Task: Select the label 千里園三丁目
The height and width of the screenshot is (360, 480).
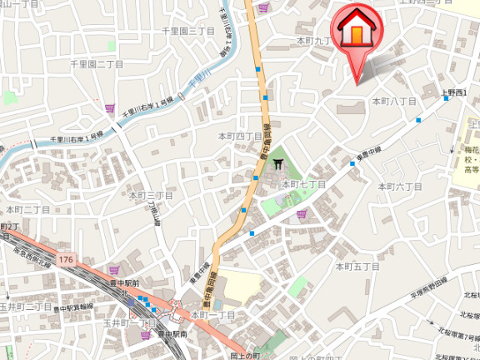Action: coord(189,31)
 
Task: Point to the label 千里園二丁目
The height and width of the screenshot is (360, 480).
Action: coord(97,63)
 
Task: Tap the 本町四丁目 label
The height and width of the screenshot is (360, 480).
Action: coord(240,136)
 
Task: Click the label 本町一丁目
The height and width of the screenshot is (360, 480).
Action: coord(213,315)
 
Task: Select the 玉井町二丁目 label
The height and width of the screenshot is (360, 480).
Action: coord(25,307)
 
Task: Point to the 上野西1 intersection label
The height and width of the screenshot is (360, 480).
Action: coord(457,93)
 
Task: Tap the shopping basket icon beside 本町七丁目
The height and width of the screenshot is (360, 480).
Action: coord(301,213)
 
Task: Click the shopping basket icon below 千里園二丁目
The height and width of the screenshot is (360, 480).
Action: coord(109,107)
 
